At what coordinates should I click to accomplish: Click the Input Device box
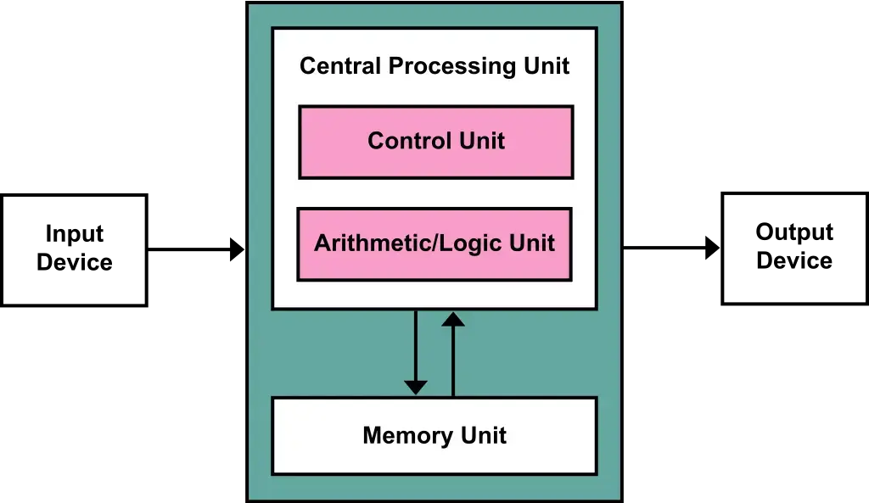point(75,250)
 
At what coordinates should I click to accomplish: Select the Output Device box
point(794,249)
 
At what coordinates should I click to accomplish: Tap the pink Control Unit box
point(436,142)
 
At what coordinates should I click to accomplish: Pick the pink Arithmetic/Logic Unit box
point(434,244)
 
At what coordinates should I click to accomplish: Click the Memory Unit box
point(434,435)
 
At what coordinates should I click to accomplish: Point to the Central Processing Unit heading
point(434,66)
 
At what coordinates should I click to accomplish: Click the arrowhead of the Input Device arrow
point(238,249)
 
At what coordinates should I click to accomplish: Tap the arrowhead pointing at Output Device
point(713,248)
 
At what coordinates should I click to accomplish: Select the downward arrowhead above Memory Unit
point(416,388)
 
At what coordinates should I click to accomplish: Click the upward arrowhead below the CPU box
point(453,319)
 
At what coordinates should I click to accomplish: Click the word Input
point(75,234)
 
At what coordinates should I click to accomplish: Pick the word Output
point(794,232)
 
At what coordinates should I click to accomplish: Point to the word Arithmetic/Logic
point(408,243)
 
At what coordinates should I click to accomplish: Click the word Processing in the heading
point(452,67)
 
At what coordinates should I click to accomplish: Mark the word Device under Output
point(794,260)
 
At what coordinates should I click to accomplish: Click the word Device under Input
point(75,262)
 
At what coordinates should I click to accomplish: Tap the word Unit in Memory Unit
point(484,435)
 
